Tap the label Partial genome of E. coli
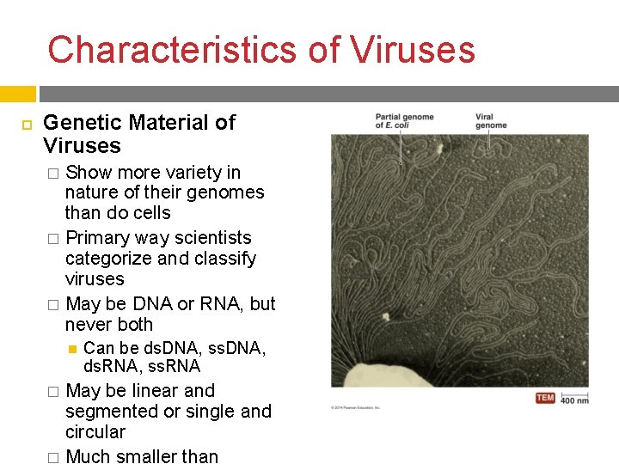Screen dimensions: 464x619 pyautogui.click(x=404, y=121)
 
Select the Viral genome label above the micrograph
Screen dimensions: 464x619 pyautogui.click(x=491, y=121)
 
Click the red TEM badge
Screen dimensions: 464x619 pyautogui.click(x=545, y=398)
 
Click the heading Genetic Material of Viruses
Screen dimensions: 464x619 pyautogui.click(x=138, y=134)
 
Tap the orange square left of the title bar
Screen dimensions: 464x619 pyautogui.click(x=17, y=94)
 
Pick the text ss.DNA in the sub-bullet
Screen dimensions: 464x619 pyautogui.click(x=234, y=348)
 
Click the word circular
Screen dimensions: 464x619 pyautogui.click(x=95, y=432)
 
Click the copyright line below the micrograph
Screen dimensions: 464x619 pyautogui.click(x=356, y=408)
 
